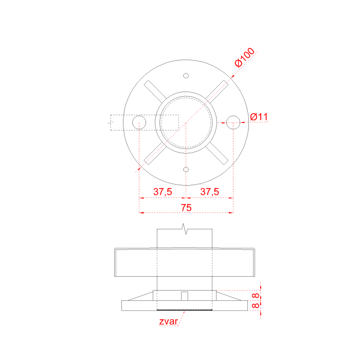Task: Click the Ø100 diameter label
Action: pyautogui.click(x=245, y=57)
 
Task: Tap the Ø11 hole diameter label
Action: pyautogui.click(x=259, y=117)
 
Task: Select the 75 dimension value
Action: pyautogui.click(x=186, y=208)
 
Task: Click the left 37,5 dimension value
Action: pyautogui.click(x=163, y=192)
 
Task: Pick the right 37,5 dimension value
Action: pyautogui.click(x=210, y=192)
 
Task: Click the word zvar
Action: pyautogui.click(x=168, y=321)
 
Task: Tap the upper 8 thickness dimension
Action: pyautogui.click(x=256, y=296)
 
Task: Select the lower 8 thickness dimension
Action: pyautogui.click(x=256, y=305)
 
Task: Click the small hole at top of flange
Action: pyautogui.click(x=186, y=76)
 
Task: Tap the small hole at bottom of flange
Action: pyautogui.click(x=186, y=170)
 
